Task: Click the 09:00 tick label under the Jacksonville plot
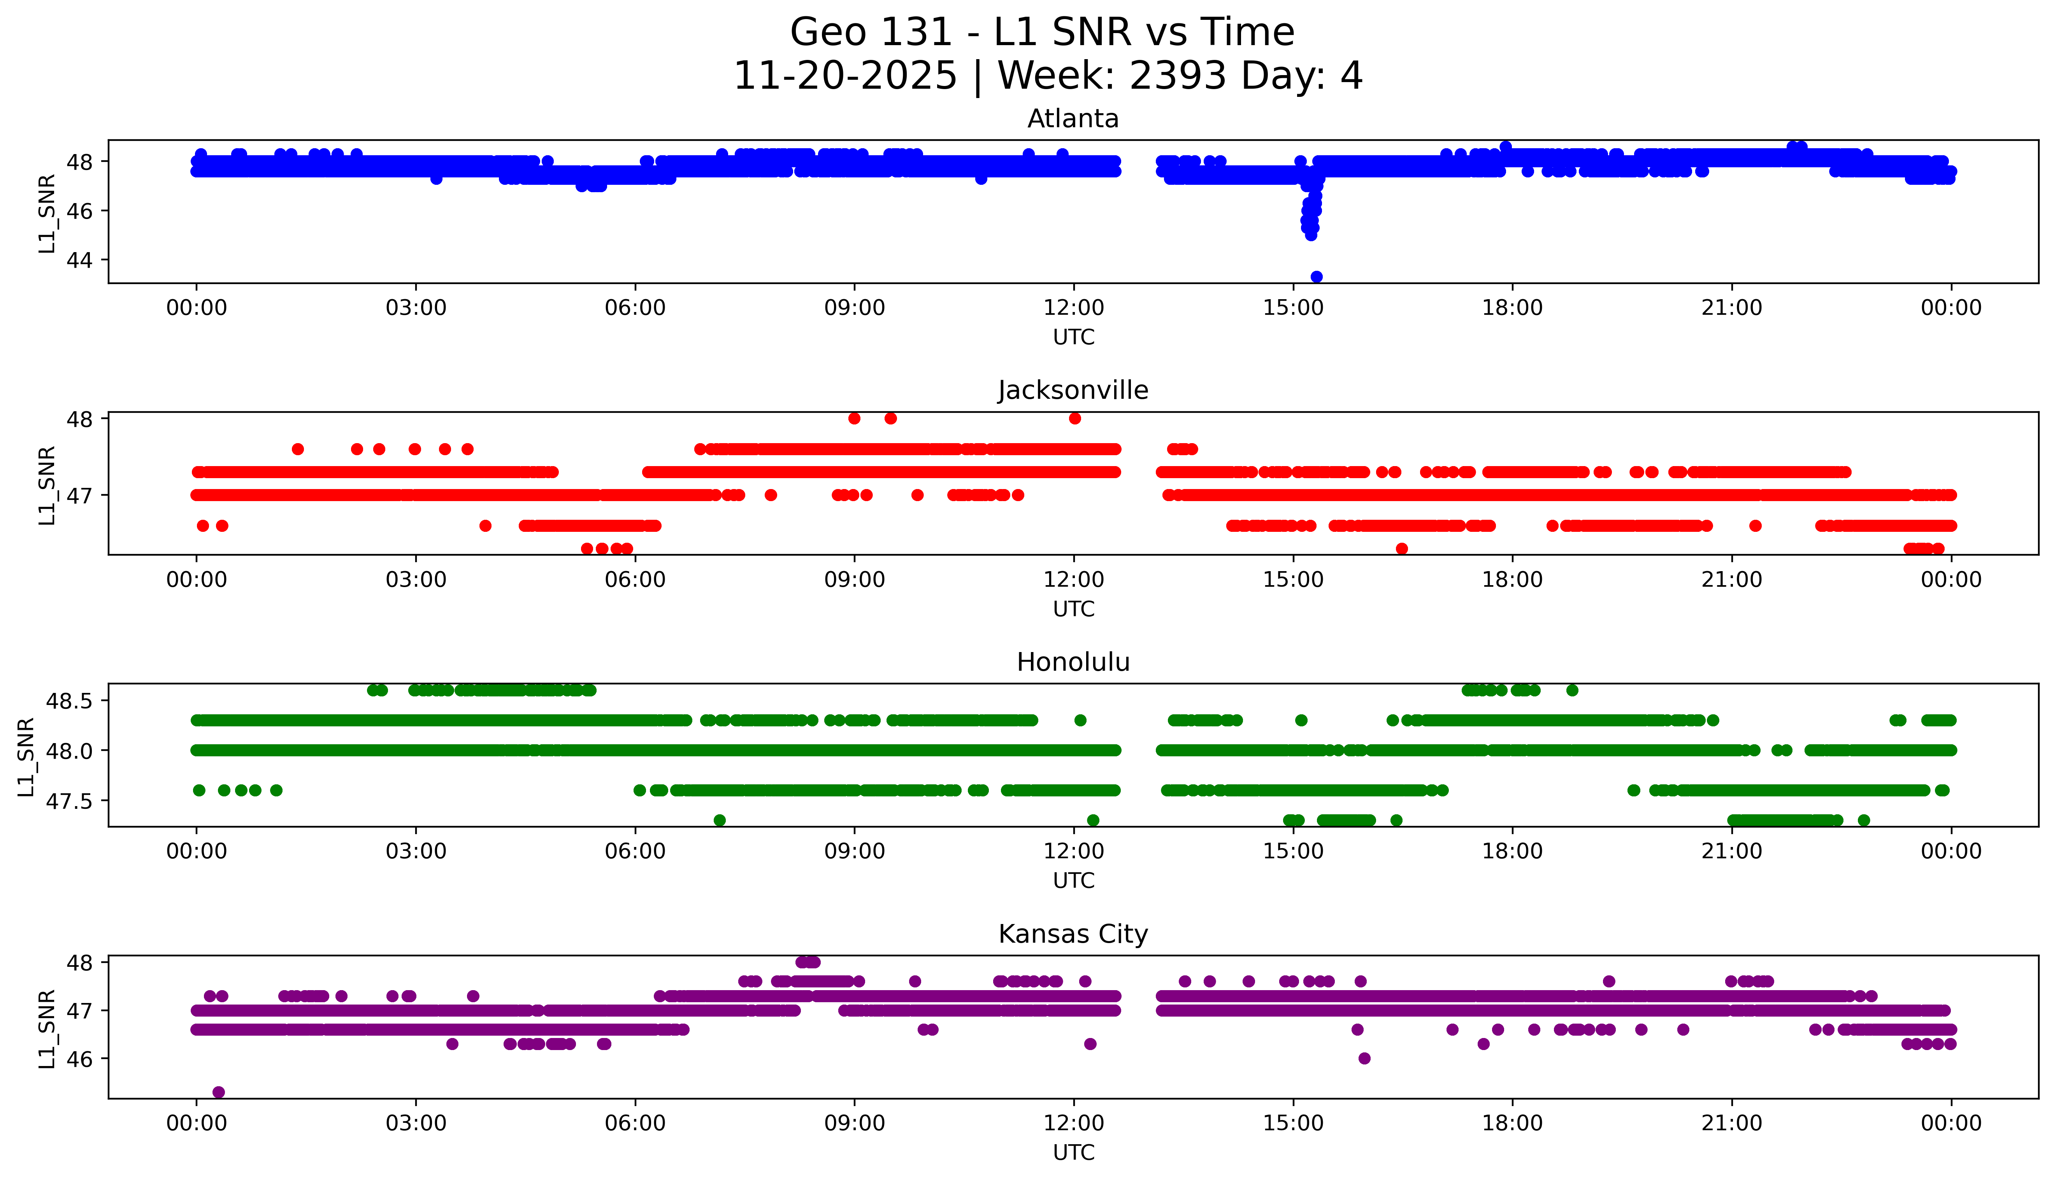tap(854, 579)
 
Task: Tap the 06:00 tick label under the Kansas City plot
tap(635, 1123)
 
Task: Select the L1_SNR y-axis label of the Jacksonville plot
tap(47, 485)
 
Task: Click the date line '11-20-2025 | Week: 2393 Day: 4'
tap(1047, 76)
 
